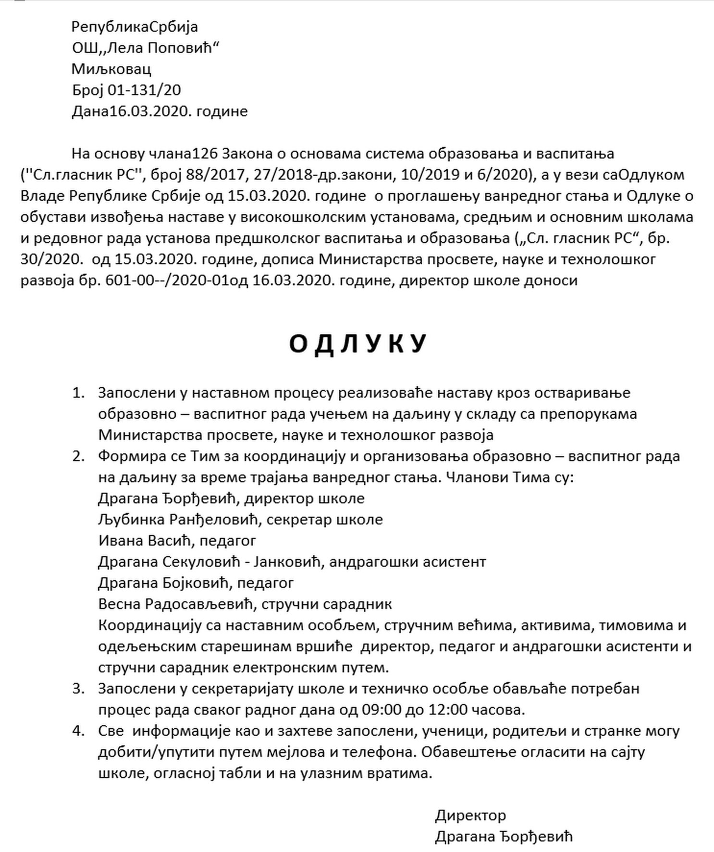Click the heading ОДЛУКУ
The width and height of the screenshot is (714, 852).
point(357,344)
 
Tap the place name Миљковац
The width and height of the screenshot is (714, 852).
point(111,69)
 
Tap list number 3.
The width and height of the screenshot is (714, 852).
point(78,689)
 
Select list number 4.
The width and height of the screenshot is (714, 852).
point(78,731)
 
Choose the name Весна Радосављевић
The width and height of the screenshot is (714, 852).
point(175,604)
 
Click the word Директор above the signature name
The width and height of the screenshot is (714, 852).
point(470,815)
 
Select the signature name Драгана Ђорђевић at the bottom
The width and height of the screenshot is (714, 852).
point(504,837)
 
